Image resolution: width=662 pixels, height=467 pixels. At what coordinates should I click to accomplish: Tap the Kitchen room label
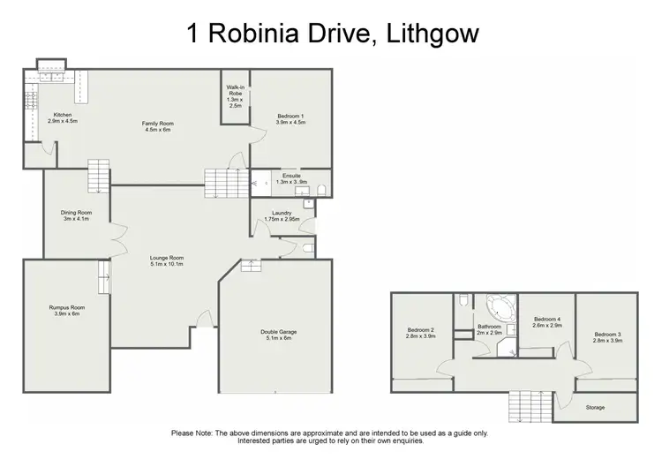pyautogui.click(x=62, y=115)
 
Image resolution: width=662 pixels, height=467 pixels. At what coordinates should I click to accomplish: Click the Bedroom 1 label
pyautogui.click(x=290, y=117)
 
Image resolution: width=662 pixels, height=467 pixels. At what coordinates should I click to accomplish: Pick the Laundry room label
pyautogui.click(x=282, y=212)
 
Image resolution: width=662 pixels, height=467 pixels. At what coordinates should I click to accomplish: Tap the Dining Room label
pyautogui.click(x=76, y=213)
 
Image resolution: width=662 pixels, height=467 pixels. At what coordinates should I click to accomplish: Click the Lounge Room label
pyautogui.click(x=166, y=258)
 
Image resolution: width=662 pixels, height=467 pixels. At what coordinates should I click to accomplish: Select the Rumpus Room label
pyautogui.click(x=65, y=307)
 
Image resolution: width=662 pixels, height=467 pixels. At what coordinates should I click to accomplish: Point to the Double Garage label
pyautogui.click(x=275, y=332)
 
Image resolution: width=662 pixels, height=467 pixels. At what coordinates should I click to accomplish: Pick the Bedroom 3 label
pyautogui.click(x=607, y=334)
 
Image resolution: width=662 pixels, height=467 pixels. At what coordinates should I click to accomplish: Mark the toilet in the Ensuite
pyautogui.click(x=320, y=189)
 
